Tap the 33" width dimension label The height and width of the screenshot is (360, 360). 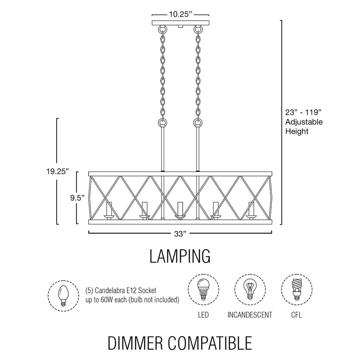[x=180, y=234]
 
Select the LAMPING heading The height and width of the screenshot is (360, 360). [x=180, y=256]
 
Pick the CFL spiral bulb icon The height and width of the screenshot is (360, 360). [x=296, y=289]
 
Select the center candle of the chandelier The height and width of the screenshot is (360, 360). [x=180, y=209]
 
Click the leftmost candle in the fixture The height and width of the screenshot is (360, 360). [x=108, y=209]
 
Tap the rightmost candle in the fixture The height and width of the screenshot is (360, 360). [x=251, y=209]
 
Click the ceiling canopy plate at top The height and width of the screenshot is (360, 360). [x=180, y=23]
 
